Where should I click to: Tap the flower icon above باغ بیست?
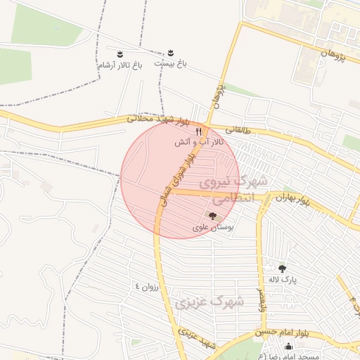(171, 53)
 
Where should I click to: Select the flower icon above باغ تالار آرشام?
(120, 54)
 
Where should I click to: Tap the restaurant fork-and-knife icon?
(200, 131)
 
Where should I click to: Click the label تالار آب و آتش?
(200, 142)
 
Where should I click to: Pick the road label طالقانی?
(237, 129)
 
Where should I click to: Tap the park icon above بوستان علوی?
(212, 216)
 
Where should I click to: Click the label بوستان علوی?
(212, 228)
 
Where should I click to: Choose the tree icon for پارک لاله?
(282, 268)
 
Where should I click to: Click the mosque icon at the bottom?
(288, 345)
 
